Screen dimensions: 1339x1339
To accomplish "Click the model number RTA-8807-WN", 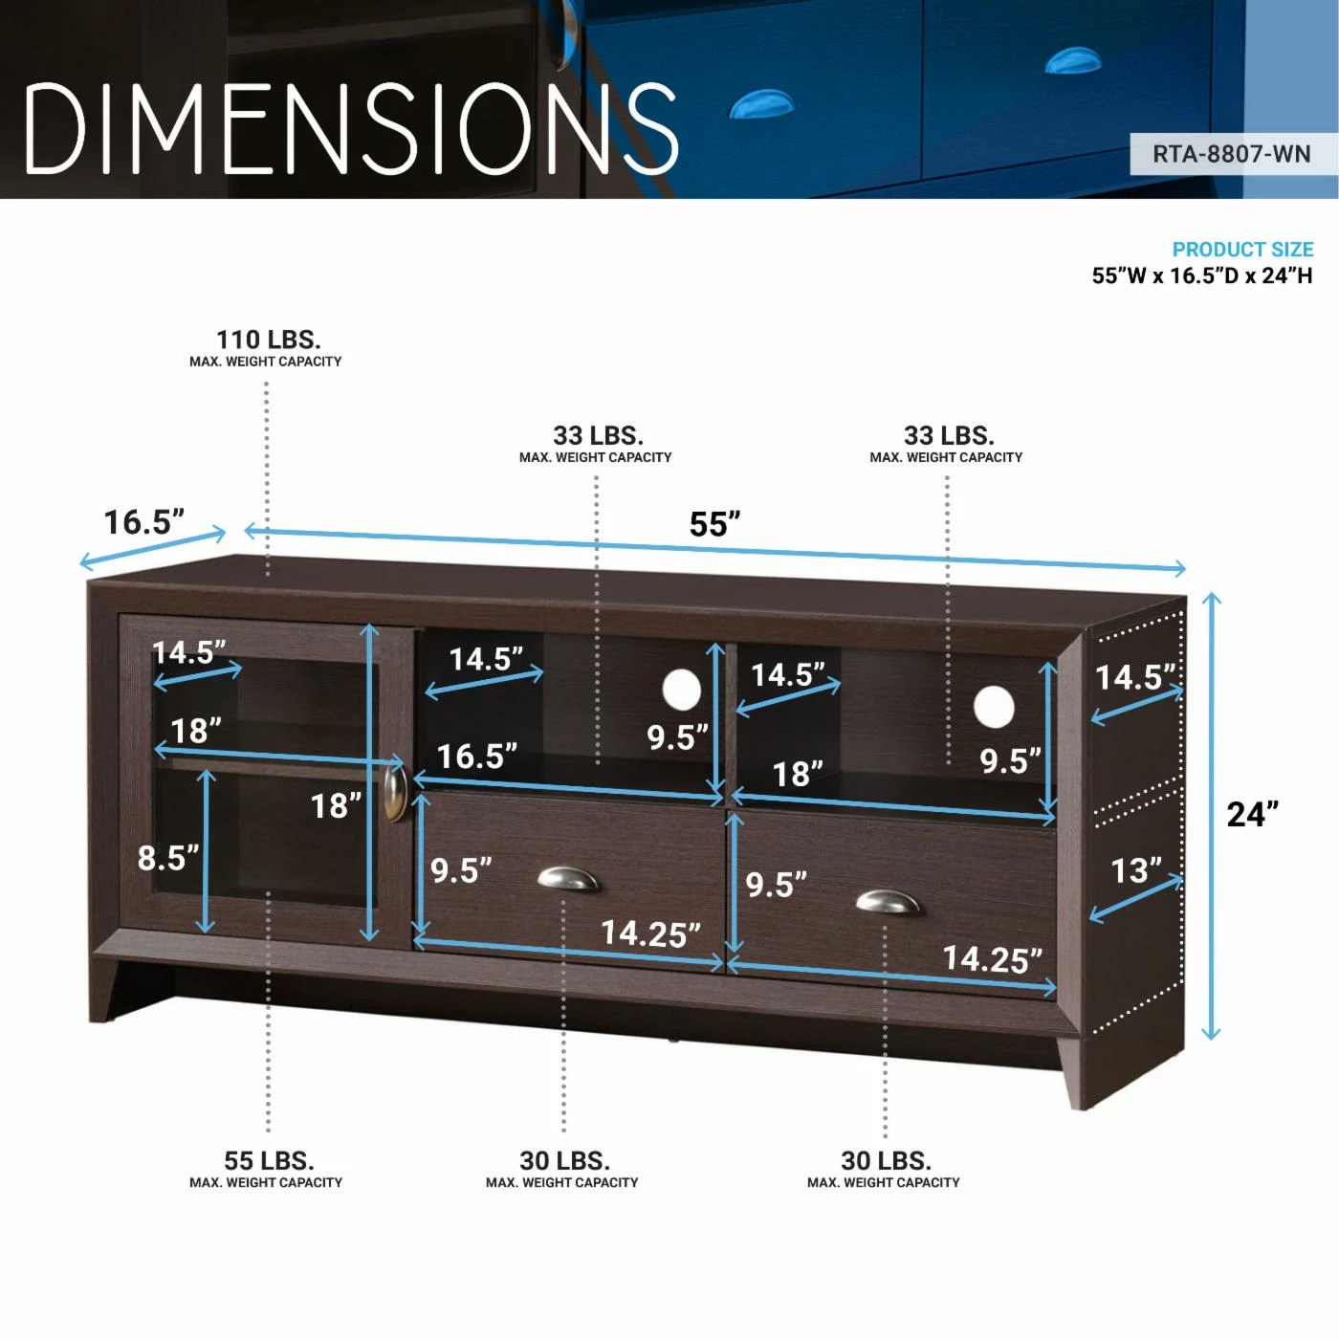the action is [x=1231, y=154].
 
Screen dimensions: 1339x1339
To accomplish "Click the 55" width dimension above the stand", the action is [x=714, y=524].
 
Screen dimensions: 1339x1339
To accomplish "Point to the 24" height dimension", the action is [x=1252, y=814].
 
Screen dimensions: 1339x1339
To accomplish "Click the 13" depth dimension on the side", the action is [x=1135, y=870].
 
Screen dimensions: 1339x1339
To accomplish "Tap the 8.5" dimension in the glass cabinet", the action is [x=168, y=858].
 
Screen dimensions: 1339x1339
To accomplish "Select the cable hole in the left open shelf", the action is [x=682, y=690].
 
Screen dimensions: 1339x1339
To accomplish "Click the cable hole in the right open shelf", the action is [x=994, y=706].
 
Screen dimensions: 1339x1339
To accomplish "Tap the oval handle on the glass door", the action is [x=395, y=793].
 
